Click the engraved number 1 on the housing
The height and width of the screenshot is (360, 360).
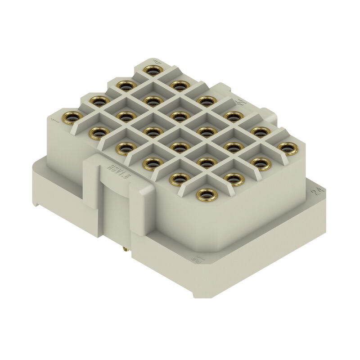click(55, 120)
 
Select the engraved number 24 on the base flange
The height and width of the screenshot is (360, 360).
click(319, 191)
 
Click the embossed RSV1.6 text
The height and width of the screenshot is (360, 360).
click(112, 171)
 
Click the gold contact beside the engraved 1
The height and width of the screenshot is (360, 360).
click(72, 117)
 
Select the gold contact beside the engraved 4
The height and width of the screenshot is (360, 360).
click(153, 70)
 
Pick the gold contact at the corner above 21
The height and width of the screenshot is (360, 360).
click(207, 194)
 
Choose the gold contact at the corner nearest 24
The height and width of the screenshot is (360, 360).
click(288, 148)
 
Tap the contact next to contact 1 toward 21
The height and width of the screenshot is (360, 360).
click(99, 133)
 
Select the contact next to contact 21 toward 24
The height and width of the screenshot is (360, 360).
click(234, 179)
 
